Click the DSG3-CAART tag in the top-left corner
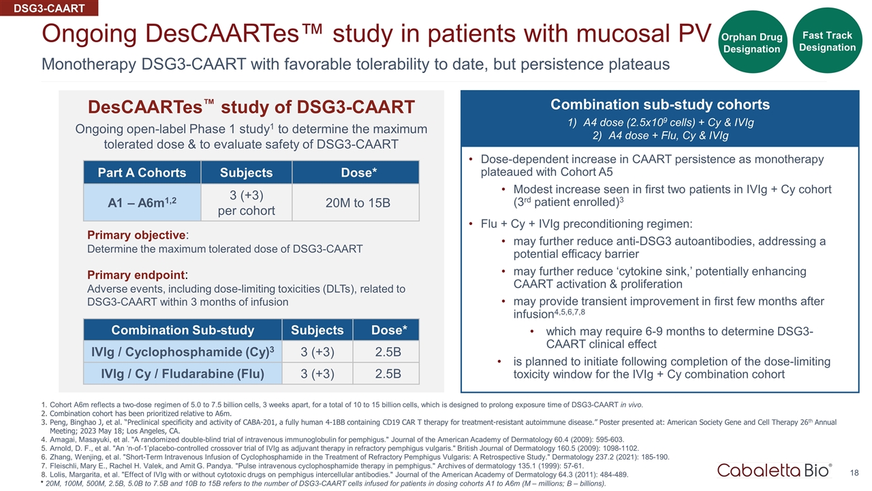point(49,8)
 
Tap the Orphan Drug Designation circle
point(751,42)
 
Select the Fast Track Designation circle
point(827,40)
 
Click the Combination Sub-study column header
point(183,331)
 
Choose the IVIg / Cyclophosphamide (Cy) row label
point(183,352)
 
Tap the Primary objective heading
point(137,235)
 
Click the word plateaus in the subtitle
point(641,64)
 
